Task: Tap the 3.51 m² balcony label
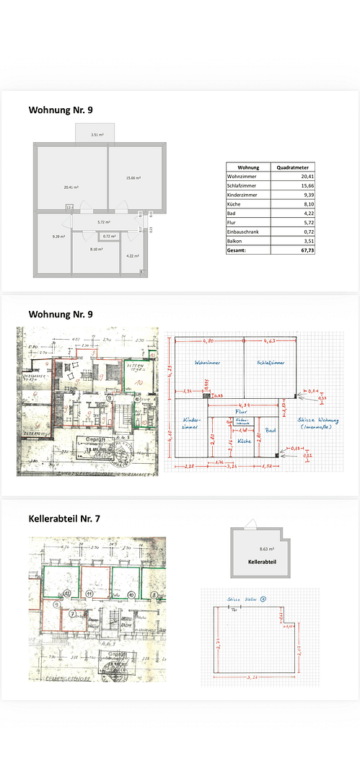[x=97, y=135]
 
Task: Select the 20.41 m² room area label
[x=71, y=187]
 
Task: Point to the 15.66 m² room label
[x=133, y=177]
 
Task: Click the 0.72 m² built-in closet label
[x=110, y=236]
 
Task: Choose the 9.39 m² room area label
[x=58, y=236]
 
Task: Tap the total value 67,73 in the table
[x=308, y=250]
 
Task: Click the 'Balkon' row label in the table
[x=236, y=241]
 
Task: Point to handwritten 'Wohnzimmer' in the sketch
[x=206, y=361]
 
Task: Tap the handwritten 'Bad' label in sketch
[x=270, y=430]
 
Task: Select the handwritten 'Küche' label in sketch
[x=245, y=439]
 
